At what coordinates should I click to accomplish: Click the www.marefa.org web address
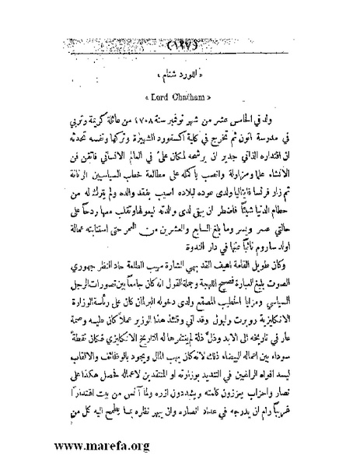[x=91, y=447]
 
